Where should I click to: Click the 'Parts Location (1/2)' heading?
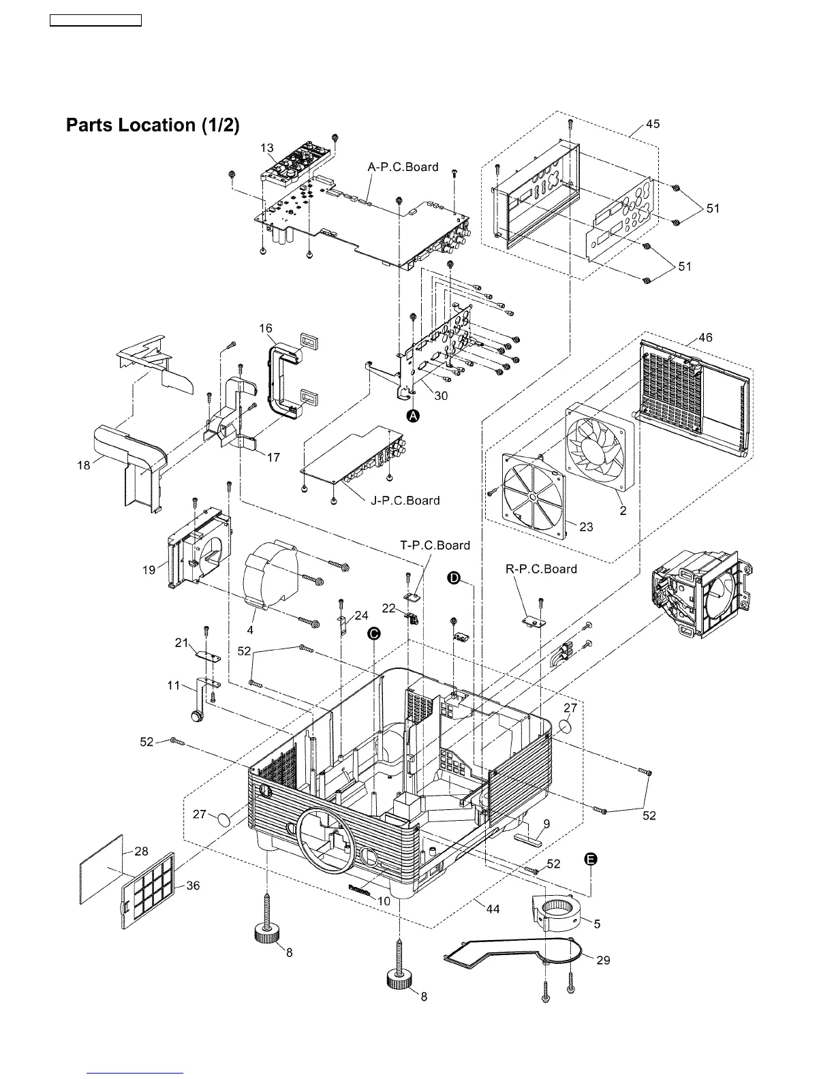tap(152, 125)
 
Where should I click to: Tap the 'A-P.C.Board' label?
tap(403, 167)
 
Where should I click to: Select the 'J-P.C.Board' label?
tap(405, 501)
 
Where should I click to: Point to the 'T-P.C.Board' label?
tap(435, 545)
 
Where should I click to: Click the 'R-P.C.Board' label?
tap(541, 569)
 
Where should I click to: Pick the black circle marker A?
tap(413, 416)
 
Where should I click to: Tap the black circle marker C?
tap(374, 634)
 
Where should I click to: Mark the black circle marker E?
tap(591, 860)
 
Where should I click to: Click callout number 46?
tap(705, 338)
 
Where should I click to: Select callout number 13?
tap(267, 148)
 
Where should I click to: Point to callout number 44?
tap(493, 909)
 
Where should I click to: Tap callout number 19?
tap(149, 570)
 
